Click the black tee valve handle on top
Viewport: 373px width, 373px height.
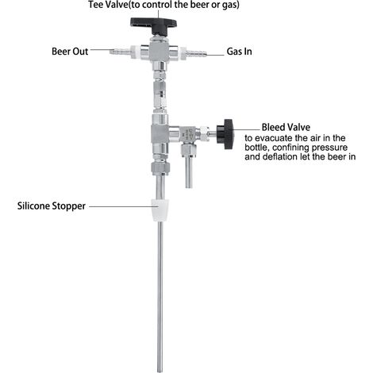[x=153, y=23]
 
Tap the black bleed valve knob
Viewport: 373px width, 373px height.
[x=225, y=134]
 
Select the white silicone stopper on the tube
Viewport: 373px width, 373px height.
[x=159, y=210]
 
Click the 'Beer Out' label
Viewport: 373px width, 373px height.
[x=70, y=52]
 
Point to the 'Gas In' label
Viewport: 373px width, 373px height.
[x=239, y=52]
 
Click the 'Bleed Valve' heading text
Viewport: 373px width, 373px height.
[x=286, y=127]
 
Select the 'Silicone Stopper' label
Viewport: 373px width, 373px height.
[x=52, y=206]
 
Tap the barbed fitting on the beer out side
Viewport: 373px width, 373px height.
[x=120, y=51]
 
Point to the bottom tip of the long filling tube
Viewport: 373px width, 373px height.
[x=160, y=371]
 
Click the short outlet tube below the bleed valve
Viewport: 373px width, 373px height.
[x=188, y=172]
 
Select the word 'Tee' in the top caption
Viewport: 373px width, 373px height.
[x=94, y=5]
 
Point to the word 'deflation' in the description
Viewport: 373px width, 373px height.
[x=280, y=156]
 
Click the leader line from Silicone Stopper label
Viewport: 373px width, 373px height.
[x=120, y=206]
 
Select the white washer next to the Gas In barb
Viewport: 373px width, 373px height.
[x=183, y=52]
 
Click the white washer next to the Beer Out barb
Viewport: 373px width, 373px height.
[x=134, y=51]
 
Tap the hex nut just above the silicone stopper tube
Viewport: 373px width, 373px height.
[x=160, y=167]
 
